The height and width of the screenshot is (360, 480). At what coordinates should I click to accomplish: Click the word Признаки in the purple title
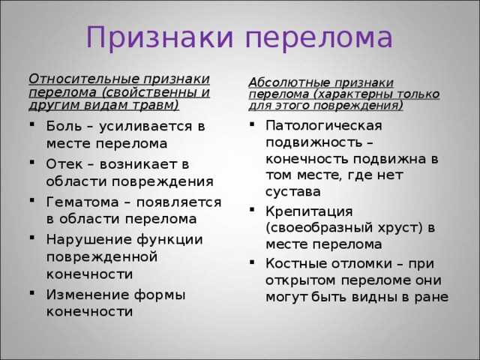click(x=160, y=37)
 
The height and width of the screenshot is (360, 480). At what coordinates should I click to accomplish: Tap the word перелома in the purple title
click(x=319, y=38)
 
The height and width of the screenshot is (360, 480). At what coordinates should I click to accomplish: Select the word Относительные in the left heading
click(x=83, y=79)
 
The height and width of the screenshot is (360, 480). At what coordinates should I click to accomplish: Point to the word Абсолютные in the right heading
click(x=289, y=82)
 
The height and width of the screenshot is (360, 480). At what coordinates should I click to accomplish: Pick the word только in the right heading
click(x=420, y=94)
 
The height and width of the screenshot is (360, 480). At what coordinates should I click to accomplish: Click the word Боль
click(x=64, y=126)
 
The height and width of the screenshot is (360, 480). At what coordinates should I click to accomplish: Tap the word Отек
click(x=64, y=164)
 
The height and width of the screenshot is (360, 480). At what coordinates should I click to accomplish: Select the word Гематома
click(x=82, y=202)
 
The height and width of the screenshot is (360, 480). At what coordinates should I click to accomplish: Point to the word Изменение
click(x=88, y=295)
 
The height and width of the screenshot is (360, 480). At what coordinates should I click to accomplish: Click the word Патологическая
click(x=324, y=126)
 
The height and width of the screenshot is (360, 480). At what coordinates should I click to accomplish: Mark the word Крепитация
click(x=309, y=211)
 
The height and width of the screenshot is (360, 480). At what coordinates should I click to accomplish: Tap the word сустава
click(x=293, y=192)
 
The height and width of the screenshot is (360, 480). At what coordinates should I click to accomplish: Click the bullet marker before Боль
click(x=32, y=124)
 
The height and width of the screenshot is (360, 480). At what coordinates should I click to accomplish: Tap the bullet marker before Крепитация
click(x=252, y=210)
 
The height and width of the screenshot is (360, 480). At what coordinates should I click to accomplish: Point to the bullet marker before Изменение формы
click(x=32, y=293)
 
